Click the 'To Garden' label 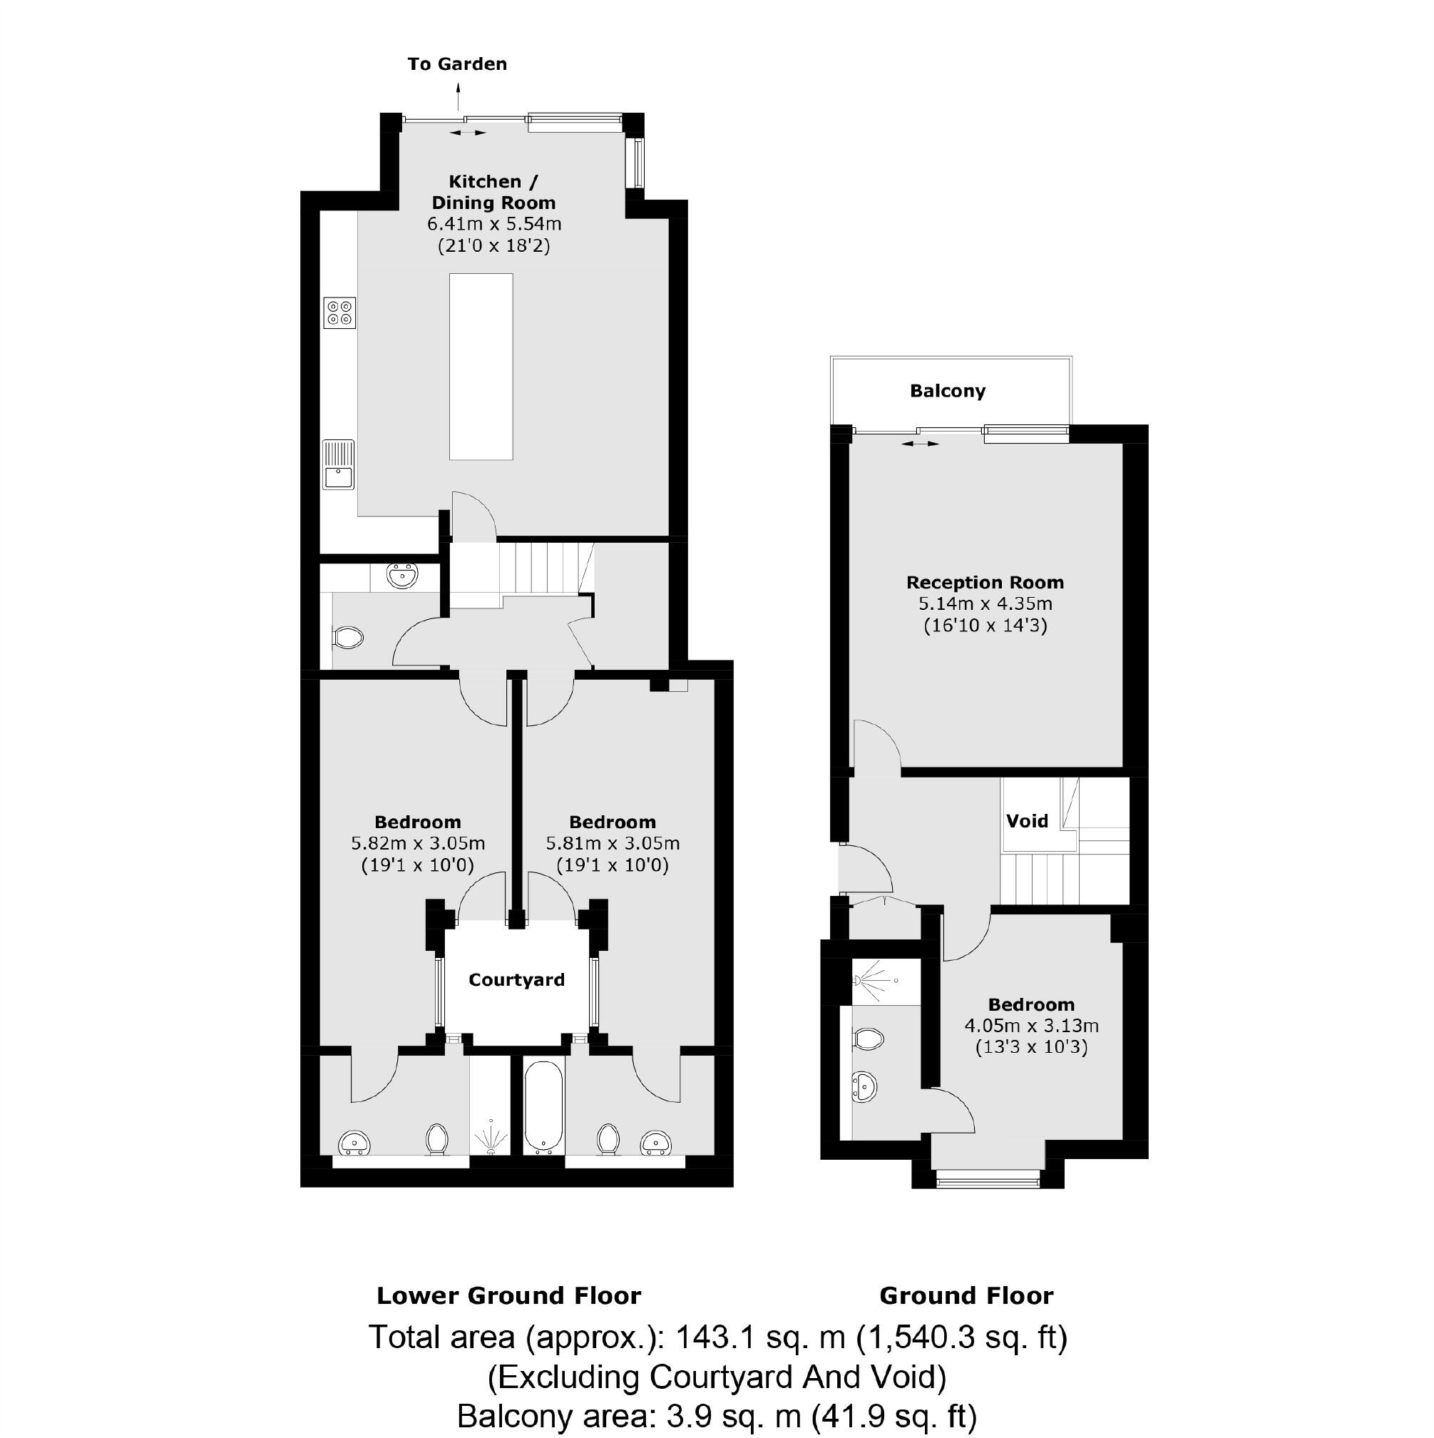[x=457, y=64]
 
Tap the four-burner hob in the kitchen [x=339, y=312]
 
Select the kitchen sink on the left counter [x=339, y=464]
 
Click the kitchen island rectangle [x=481, y=366]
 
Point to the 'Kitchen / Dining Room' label [x=493, y=192]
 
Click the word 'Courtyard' [x=516, y=979]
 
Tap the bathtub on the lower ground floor [x=544, y=1106]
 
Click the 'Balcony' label [x=947, y=391]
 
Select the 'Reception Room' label [x=985, y=582]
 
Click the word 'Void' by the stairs [x=1027, y=821]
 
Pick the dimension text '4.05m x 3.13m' [x=1031, y=1026]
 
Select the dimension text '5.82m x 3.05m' [x=417, y=843]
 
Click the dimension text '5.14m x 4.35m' [x=985, y=603]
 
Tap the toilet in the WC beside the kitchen [x=347, y=637]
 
